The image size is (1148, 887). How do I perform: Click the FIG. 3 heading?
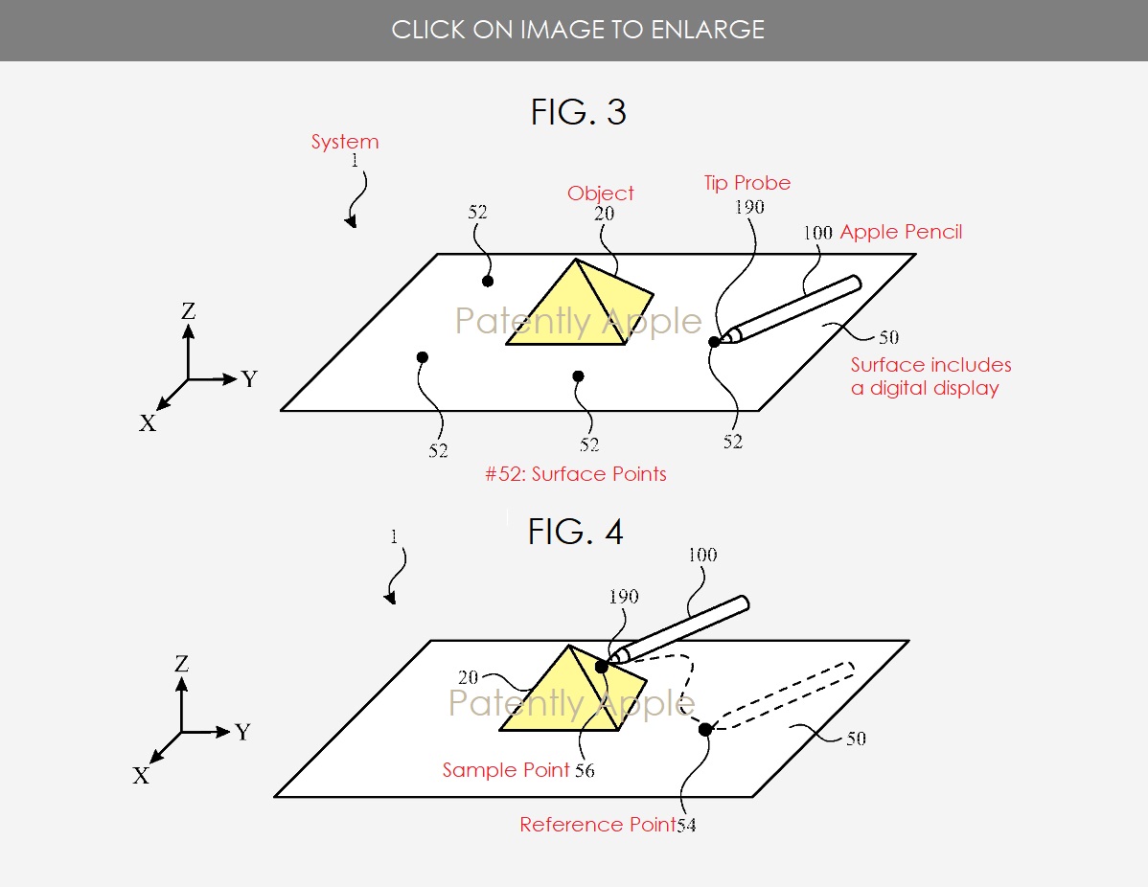click(x=578, y=113)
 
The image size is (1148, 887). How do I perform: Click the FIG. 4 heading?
click(x=575, y=532)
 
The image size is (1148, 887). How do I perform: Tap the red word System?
click(x=345, y=142)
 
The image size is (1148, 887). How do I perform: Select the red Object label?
click(x=601, y=193)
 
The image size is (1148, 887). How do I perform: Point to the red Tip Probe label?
click(x=747, y=183)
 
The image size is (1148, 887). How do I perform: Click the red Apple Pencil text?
click(x=901, y=232)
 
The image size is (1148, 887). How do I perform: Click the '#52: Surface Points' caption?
click(x=576, y=473)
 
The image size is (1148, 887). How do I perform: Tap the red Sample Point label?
click(x=505, y=770)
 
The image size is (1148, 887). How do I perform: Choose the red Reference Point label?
click(x=597, y=825)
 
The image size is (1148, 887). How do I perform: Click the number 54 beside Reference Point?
click(x=685, y=826)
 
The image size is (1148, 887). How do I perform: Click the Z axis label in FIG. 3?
click(x=189, y=310)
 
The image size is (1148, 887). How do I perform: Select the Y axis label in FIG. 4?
click(x=242, y=733)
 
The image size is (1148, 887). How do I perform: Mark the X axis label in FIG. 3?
click(x=148, y=423)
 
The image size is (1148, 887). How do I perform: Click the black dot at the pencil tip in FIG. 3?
click(x=714, y=342)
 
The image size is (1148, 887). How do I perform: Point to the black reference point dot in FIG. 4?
click(x=705, y=730)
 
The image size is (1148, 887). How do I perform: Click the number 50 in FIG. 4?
click(x=855, y=739)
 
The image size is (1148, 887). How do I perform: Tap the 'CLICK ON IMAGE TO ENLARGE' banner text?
click(x=578, y=30)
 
